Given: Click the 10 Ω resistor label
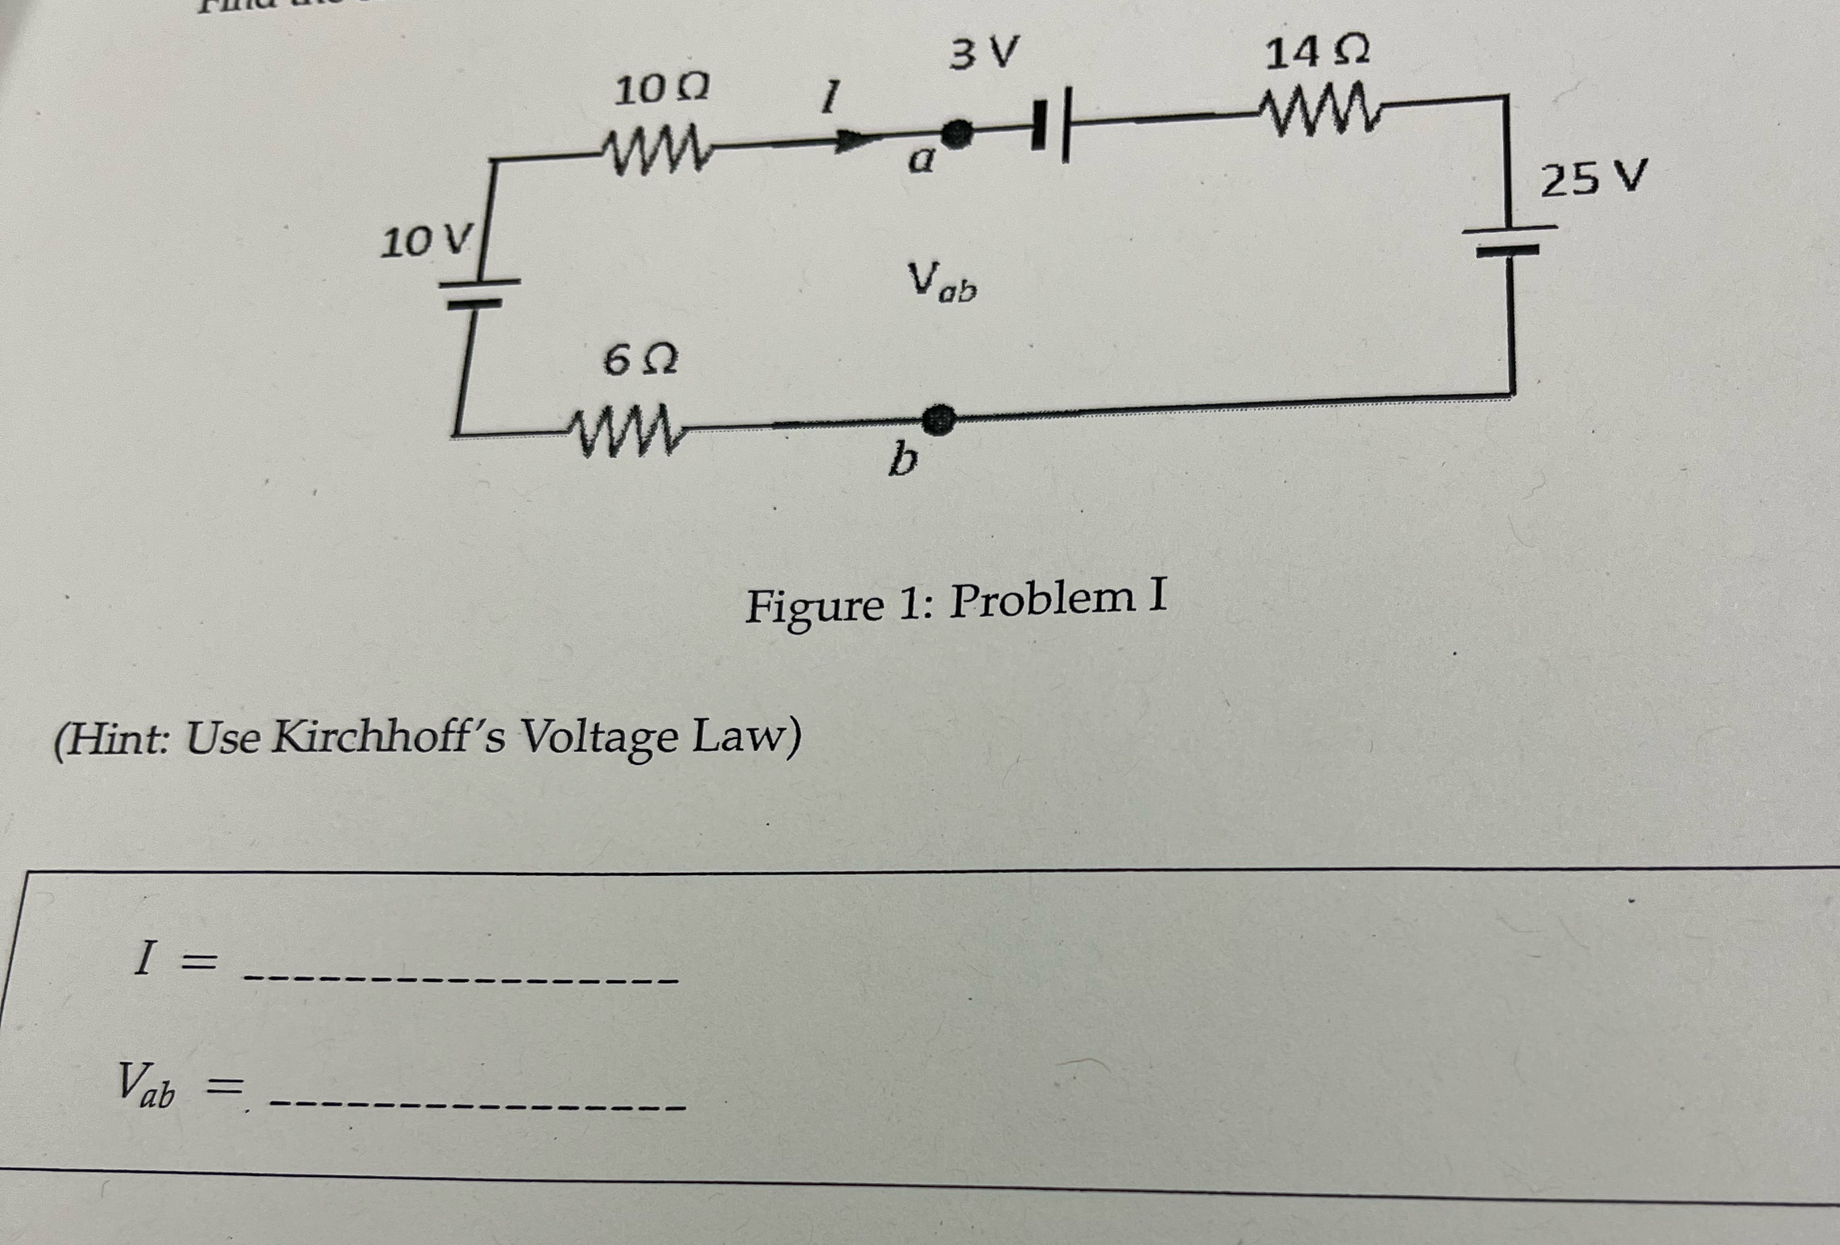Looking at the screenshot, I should point(661,90).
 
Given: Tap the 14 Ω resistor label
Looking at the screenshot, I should point(1317,53).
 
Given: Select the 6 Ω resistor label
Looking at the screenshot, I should point(640,361).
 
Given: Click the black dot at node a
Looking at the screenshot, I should point(959,133).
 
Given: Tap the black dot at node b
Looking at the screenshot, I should point(939,419).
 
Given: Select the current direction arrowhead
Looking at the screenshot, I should point(852,141).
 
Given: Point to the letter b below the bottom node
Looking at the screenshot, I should point(903,459).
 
